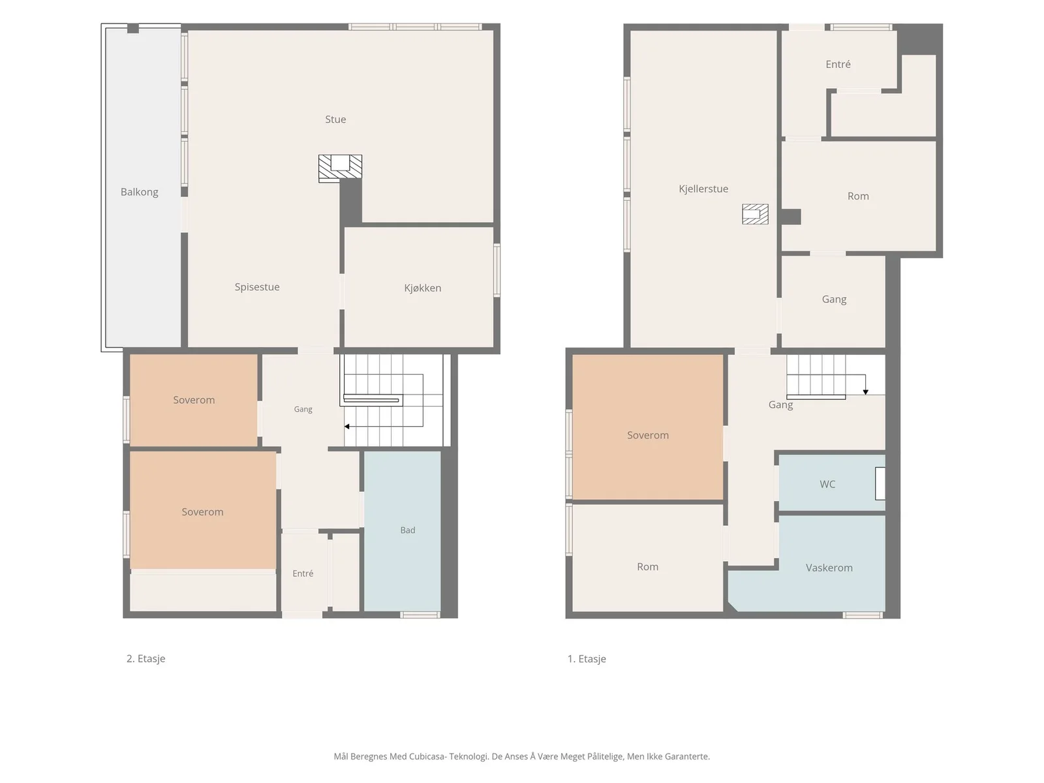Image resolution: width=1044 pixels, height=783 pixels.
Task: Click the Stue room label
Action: coord(335,119)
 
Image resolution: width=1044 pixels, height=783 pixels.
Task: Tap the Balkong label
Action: coord(140,192)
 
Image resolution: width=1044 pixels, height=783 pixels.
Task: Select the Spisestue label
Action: coord(257,287)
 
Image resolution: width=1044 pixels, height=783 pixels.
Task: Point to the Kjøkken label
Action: coord(422,288)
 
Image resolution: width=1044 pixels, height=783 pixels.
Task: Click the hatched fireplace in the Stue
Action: coord(340,168)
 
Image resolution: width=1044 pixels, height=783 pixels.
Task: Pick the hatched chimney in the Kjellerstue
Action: coord(756,214)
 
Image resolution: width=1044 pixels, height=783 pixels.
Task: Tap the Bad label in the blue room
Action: coord(408,530)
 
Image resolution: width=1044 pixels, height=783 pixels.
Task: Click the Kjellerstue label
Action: coord(703,189)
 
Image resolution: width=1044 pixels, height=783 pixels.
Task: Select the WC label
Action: coord(827,484)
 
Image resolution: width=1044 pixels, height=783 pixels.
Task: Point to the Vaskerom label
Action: coord(829,568)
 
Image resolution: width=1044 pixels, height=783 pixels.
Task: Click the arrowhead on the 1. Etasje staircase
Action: coord(866,391)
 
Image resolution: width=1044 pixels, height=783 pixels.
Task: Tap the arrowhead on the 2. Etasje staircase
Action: coord(347,427)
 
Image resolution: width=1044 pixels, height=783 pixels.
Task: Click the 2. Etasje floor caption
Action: coord(146,658)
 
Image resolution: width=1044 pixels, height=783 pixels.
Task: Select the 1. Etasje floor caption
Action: coord(587,659)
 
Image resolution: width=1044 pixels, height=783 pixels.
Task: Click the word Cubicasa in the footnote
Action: coord(428,756)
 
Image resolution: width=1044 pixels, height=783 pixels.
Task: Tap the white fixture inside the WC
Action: coord(880,484)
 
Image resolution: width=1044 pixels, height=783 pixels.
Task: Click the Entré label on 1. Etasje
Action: coord(838,64)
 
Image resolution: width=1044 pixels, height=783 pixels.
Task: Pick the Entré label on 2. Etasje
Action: coord(303,574)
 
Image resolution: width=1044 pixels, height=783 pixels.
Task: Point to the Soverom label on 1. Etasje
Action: coord(648,435)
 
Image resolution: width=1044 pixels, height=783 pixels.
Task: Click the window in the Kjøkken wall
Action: coord(497,271)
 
